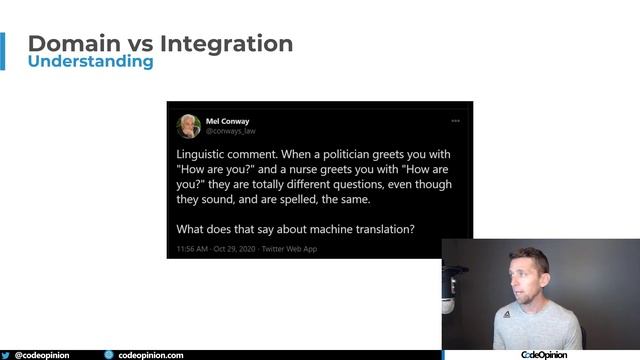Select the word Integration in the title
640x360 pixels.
coord(226,44)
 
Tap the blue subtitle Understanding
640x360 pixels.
coord(91,62)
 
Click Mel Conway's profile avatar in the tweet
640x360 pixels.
coord(189,126)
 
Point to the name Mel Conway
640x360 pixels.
coord(227,121)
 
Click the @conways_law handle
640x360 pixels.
coord(231,131)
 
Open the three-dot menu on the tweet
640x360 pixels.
coord(455,121)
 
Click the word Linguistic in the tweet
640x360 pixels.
coord(204,155)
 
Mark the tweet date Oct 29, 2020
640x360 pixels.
coord(236,248)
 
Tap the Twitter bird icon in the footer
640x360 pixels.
coord(6,354)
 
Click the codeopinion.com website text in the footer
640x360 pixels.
coord(150,354)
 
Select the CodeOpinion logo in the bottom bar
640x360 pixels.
coord(544,354)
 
